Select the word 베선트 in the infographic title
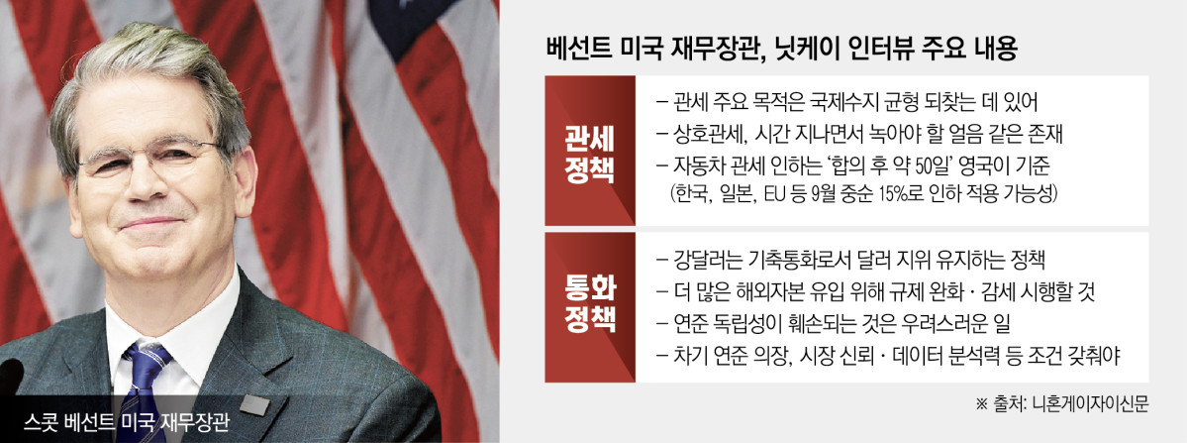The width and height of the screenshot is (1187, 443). [580, 48]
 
